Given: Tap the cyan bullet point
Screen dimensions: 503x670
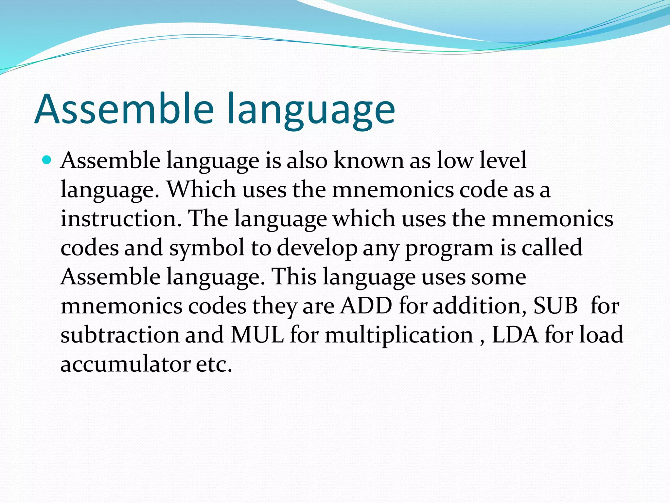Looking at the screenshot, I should tap(47, 160).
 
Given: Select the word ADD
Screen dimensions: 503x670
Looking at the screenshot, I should tap(366, 306).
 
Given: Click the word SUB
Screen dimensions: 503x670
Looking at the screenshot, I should tap(555, 306).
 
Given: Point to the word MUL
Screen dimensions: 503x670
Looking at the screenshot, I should tap(257, 335).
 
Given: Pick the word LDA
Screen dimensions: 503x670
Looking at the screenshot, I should tap(515, 335).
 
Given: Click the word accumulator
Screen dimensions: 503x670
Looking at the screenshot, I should tap(125, 364).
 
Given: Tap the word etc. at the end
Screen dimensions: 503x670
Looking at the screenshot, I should tap(214, 364).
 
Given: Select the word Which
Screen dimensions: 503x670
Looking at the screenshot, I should tap(202, 190).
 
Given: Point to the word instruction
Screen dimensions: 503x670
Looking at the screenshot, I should tap(121, 219).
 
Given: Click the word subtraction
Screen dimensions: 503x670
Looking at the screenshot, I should tap(120, 335).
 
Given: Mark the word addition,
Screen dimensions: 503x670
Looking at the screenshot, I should tap(480, 306).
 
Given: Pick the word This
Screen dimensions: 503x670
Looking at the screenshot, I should tap(294, 277).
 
